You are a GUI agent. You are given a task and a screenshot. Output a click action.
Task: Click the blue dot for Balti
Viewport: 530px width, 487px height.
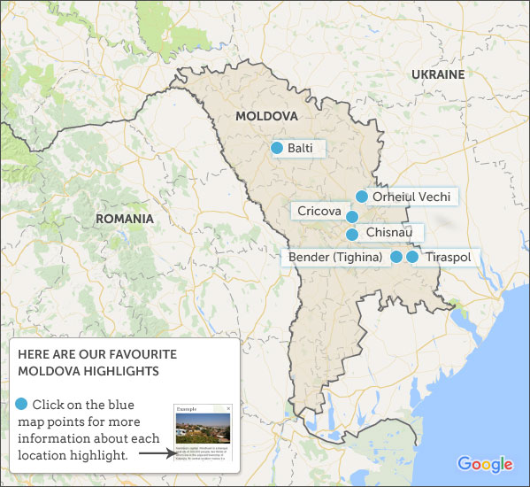tap(277, 148)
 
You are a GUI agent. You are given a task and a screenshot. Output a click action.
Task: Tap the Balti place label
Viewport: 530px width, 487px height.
tap(302, 148)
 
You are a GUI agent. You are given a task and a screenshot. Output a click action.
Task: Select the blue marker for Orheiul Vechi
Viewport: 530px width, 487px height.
tap(361, 197)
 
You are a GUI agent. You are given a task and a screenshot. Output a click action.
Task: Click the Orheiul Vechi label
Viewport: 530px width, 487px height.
tap(411, 197)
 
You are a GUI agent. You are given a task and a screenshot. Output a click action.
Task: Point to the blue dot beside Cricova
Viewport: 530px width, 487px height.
tap(351, 217)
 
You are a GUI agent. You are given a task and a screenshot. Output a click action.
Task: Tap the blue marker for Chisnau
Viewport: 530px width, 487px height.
tap(351, 235)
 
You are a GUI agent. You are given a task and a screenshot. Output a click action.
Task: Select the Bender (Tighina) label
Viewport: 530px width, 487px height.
tap(334, 258)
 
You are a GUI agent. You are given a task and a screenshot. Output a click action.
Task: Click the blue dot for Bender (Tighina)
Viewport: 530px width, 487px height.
tap(396, 257)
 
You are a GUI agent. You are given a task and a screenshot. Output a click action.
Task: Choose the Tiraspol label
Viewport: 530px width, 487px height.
tap(448, 258)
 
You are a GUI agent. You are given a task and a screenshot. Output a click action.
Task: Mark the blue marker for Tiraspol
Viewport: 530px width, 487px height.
tap(412, 257)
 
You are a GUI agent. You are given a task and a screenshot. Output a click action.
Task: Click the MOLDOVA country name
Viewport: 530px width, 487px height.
tap(265, 116)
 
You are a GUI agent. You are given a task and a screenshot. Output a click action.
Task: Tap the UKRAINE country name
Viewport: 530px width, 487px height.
tap(438, 74)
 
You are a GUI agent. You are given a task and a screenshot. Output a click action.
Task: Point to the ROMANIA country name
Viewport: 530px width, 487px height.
tap(125, 218)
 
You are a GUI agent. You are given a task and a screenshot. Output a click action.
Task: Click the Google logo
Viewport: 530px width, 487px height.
tap(485, 464)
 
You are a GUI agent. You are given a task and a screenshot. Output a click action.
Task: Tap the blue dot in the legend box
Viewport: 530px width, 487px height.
tap(21, 405)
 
